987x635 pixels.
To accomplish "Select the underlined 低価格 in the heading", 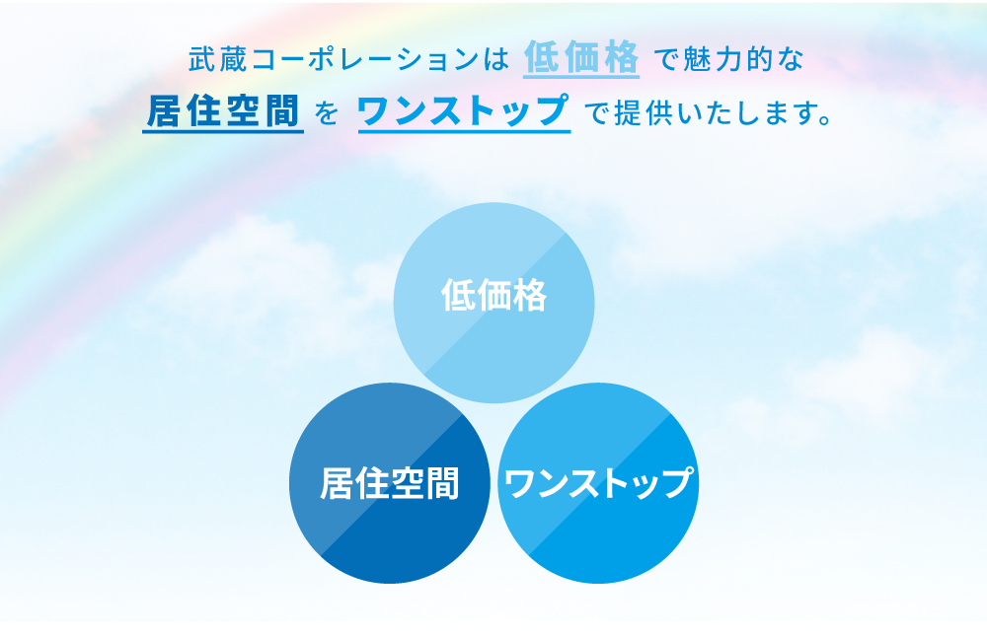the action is (x=581, y=58).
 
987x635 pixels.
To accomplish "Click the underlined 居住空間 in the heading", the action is (x=223, y=111).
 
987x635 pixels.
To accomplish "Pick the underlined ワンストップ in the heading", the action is (x=465, y=111).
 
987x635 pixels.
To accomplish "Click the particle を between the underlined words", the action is (x=327, y=113).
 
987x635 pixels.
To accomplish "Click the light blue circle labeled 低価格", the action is (x=494, y=303).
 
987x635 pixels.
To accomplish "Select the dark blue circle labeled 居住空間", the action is (x=390, y=483).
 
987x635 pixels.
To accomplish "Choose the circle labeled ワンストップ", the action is (x=599, y=483).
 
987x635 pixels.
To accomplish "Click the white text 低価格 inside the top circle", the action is (x=494, y=295).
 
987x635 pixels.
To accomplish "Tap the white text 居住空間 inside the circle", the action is (x=390, y=483).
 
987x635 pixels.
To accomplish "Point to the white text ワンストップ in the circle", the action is (x=599, y=483).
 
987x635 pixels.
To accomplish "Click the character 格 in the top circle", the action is (x=530, y=295).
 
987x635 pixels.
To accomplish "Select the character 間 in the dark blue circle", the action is (x=442, y=483).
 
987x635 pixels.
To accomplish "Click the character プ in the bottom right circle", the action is (x=676, y=483).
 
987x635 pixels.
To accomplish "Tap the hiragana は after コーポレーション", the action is (x=496, y=60).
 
